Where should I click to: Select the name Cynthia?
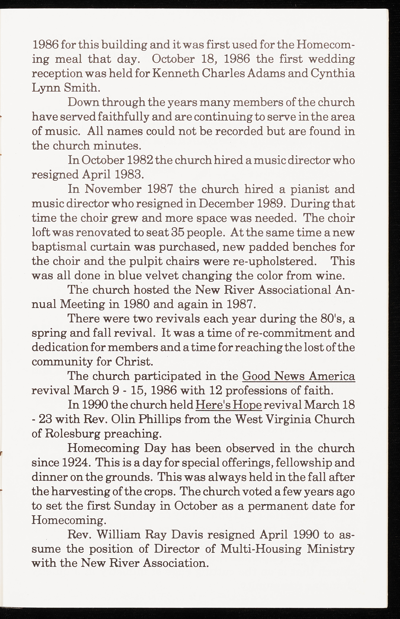[x=333, y=73]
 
